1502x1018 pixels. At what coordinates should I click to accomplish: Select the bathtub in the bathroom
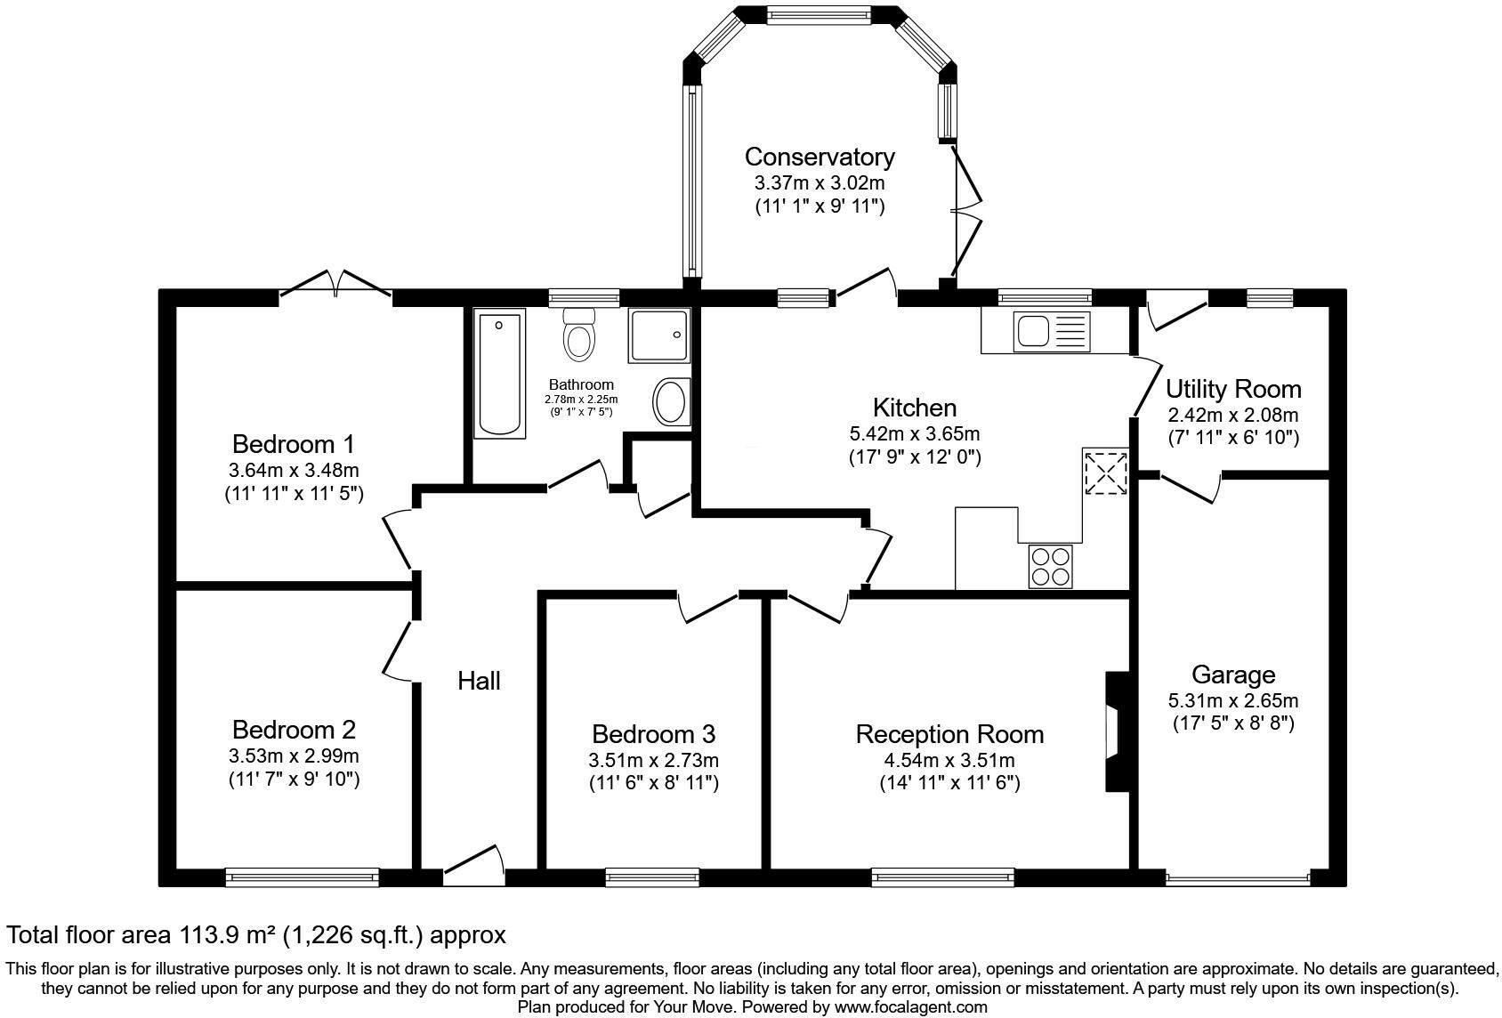[x=499, y=374]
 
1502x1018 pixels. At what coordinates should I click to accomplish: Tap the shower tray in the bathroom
[x=658, y=335]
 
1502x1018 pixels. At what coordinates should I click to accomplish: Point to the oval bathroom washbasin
[x=671, y=401]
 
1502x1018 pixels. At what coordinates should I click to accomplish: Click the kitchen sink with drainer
[x=1052, y=331]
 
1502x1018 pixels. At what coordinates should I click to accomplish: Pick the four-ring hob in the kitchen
[x=1050, y=567]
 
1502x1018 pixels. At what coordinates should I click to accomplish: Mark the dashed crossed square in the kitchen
[x=1106, y=473]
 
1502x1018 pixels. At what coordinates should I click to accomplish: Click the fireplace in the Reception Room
[x=1118, y=731]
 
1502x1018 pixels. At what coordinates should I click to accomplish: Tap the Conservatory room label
[x=820, y=157]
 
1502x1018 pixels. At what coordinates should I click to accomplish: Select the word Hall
[x=479, y=681]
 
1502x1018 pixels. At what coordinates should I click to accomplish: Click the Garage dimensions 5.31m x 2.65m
[x=1233, y=701]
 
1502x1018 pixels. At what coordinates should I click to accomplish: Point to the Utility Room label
[x=1233, y=389]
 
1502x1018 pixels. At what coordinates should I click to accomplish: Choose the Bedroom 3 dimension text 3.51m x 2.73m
[x=654, y=761]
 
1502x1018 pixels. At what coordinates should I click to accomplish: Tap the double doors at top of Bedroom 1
[x=335, y=284]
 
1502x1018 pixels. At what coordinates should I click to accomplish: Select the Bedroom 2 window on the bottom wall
[x=302, y=877]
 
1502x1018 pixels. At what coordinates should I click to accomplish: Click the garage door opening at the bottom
[x=1238, y=877]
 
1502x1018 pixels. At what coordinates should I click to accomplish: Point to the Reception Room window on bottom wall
[x=943, y=877]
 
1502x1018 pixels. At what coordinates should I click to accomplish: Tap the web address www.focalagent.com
[x=910, y=1006]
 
